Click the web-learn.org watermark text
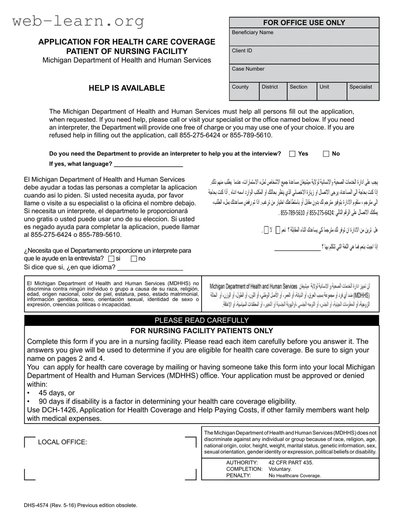point(78,21)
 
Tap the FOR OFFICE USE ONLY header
point(304,23)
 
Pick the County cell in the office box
point(244,91)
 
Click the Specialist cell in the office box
point(363,91)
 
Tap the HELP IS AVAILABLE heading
point(127,88)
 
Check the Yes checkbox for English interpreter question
point(292,154)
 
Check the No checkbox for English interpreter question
point(326,154)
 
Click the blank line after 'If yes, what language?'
point(148,164)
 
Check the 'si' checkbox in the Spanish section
point(111,259)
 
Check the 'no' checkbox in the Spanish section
point(134,259)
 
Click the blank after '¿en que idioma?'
point(150,268)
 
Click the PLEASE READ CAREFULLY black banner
point(202,320)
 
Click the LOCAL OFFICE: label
point(62,442)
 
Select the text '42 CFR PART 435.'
point(291,463)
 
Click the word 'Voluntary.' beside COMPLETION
point(280,469)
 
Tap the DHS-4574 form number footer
point(80,505)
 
